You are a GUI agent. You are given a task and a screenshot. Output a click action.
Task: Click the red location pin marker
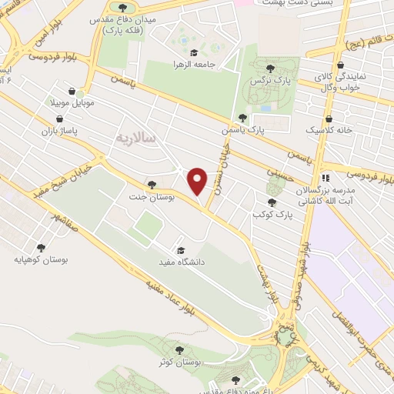198,180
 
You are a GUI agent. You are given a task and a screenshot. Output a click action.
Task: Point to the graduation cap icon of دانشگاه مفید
181,249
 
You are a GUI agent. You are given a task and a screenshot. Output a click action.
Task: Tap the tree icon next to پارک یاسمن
243,119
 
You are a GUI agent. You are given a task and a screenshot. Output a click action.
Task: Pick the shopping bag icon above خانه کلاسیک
329,119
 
